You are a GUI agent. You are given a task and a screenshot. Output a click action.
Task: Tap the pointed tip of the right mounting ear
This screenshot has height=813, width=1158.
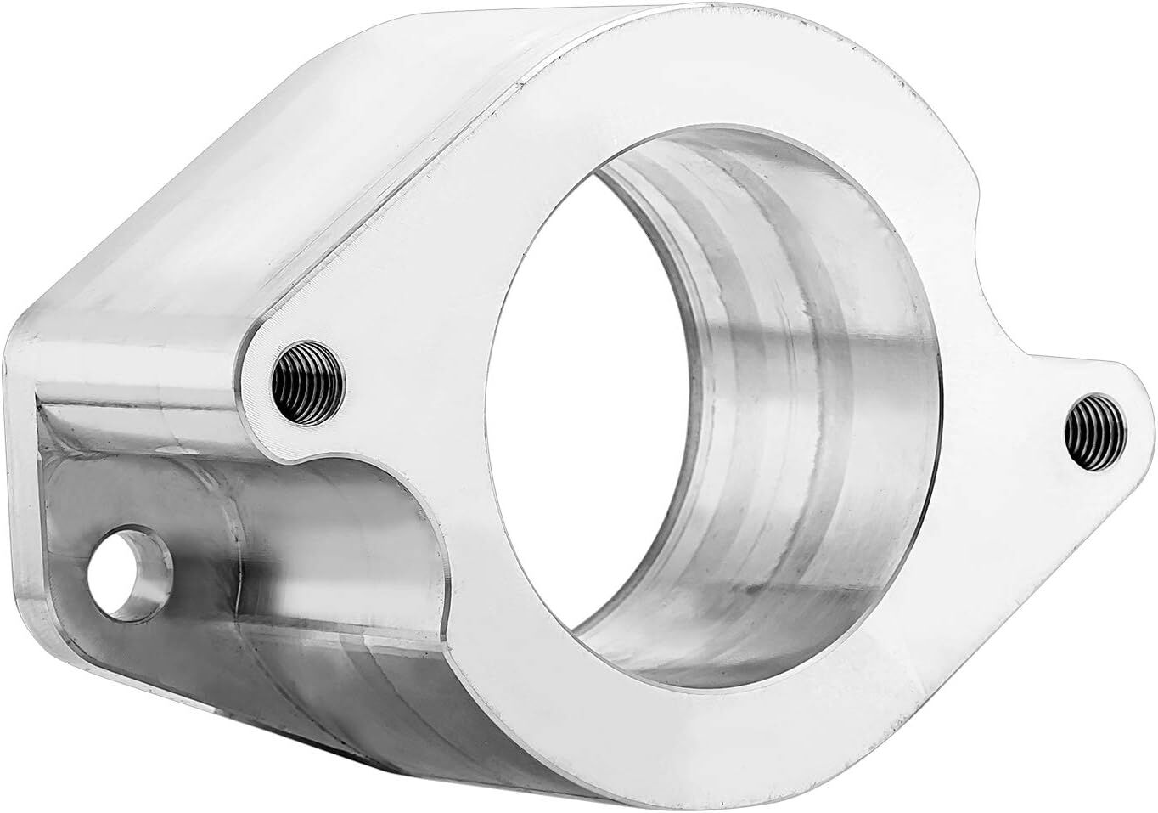pyautogui.click(x=1138, y=399)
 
